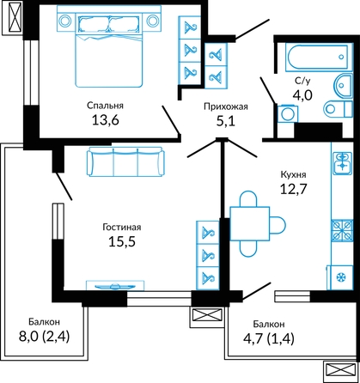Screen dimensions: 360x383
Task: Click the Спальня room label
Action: (x=105, y=106)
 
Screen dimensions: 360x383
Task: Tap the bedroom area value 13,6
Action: (x=105, y=120)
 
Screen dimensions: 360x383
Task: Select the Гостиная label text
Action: (x=122, y=228)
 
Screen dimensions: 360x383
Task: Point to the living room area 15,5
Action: (x=122, y=241)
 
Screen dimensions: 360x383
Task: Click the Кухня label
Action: (x=293, y=174)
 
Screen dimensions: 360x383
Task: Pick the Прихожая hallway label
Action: (x=226, y=106)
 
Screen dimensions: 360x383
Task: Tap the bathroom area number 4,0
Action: (x=302, y=95)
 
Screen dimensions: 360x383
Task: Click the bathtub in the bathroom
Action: (x=319, y=57)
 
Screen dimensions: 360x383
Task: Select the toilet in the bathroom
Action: (x=338, y=108)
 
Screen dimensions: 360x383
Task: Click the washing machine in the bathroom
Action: (x=288, y=114)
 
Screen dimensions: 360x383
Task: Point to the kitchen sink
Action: (x=342, y=163)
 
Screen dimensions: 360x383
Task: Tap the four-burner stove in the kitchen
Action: (x=342, y=230)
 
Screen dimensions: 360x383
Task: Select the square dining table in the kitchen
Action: (x=249, y=223)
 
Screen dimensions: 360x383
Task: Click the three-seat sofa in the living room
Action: (x=125, y=161)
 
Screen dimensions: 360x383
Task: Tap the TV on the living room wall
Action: (x=115, y=286)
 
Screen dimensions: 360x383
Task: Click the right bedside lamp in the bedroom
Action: (x=153, y=21)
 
